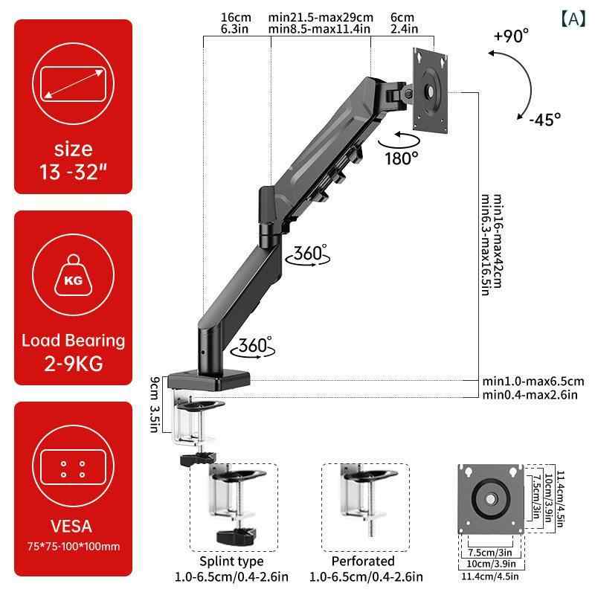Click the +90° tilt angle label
511,36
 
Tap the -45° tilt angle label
545,120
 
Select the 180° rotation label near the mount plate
402,158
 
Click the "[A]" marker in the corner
573,19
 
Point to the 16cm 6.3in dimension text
236,23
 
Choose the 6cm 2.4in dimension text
404,23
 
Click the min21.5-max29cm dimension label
321,17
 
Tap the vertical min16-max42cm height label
498,241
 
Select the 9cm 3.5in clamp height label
154,404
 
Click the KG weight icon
73,275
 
